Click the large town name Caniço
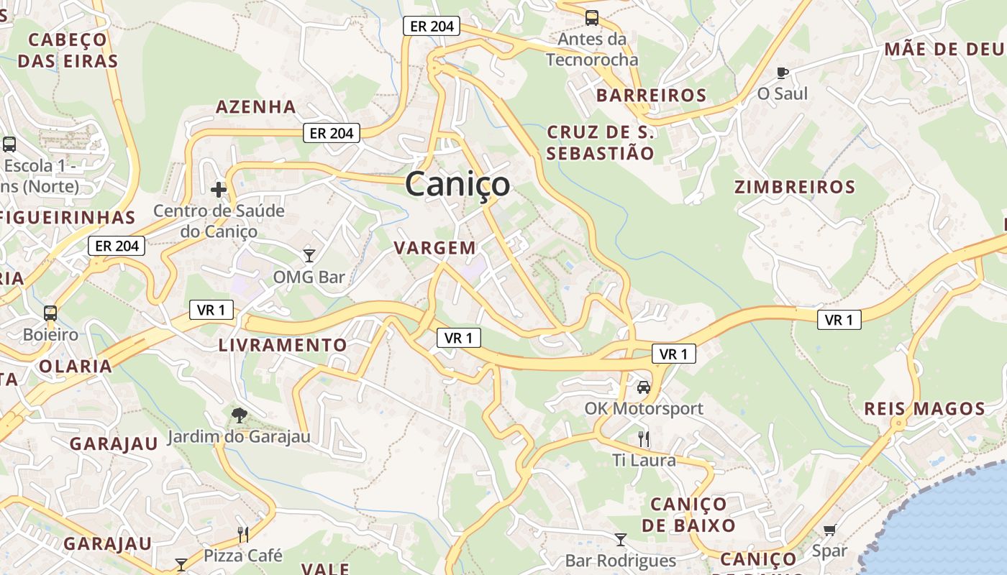tap(457, 184)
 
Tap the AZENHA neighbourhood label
tap(256, 107)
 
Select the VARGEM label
tap(434, 248)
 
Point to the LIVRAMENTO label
tap(283, 345)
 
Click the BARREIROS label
tap(651, 95)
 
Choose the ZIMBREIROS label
tap(794, 187)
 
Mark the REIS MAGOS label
tap(924, 409)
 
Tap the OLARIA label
tap(76, 366)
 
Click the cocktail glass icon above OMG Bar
tap(309, 255)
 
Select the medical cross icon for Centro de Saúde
tap(219, 190)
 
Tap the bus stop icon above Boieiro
tap(50, 313)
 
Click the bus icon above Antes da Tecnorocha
tap(591, 18)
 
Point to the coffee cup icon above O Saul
tap(783, 72)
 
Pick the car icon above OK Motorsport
tap(643, 387)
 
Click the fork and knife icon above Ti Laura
tap(644, 438)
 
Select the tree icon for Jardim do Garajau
tap(239, 415)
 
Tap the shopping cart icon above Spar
tap(829, 530)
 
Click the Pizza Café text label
tap(243, 556)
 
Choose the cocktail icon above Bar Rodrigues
tap(620, 539)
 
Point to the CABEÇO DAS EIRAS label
tap(68, 50)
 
